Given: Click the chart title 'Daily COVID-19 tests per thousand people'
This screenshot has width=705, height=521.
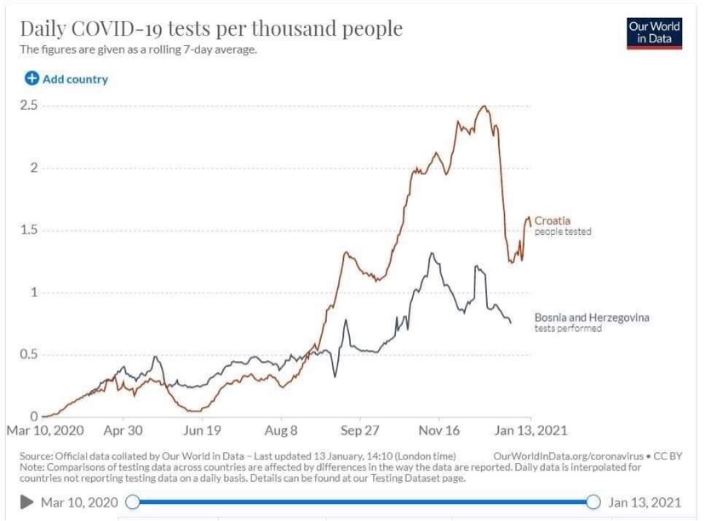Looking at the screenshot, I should click(211, 28).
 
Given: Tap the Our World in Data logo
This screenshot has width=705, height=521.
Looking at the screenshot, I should click(654, 32).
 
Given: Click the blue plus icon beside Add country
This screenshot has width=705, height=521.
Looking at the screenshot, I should click(32, 79).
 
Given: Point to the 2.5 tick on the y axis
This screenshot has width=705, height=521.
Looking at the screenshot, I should click(29, 106).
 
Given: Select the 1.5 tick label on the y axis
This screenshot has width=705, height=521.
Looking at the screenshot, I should click(29, 231).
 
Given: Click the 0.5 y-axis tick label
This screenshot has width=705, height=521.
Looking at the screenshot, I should click(29, 355).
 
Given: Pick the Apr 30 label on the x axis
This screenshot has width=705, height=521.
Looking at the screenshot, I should click(123, 431).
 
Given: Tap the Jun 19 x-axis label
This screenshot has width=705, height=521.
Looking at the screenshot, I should click(203, 431).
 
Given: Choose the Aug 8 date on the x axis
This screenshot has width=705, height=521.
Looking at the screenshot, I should click(282, 431).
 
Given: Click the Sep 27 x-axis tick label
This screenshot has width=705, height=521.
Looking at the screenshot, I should click(360, 431).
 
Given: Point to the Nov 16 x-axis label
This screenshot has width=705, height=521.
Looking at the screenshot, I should click(440, 431).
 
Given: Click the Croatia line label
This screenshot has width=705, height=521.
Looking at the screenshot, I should click(552, 221).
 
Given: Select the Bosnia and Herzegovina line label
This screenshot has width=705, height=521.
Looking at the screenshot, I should click(591, 318).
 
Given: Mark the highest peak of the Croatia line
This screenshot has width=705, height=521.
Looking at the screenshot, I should click(484, 106).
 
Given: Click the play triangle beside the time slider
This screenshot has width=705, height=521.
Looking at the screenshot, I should click(27, 502).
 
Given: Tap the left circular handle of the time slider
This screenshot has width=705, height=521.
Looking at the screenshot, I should click(132, 502).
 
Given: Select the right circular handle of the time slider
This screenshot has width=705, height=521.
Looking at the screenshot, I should click(593, 502).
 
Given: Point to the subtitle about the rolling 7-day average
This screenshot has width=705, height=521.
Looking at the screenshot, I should click(138, 49).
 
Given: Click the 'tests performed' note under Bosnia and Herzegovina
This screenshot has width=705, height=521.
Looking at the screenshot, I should click(568, 329).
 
